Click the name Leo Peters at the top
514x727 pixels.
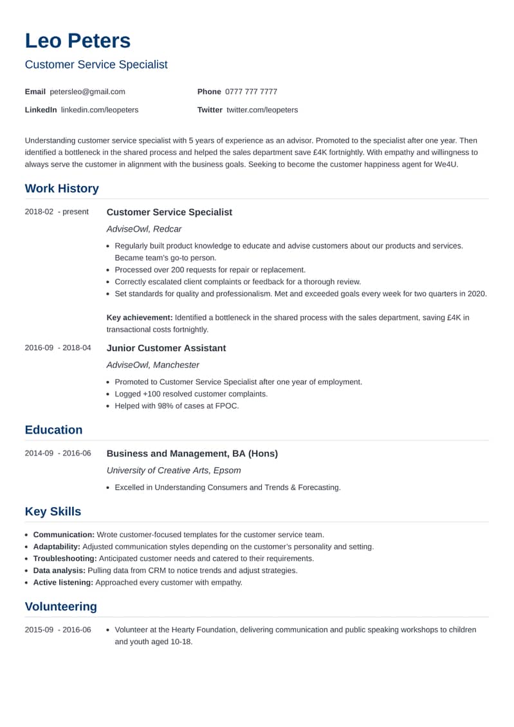point(77,41)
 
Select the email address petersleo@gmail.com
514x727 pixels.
point(87,91)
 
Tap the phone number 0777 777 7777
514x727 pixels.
point(252,91)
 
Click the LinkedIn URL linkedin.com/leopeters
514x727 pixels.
point(100,109)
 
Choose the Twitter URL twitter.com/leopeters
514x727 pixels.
point(262,109)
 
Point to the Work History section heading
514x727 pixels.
point(62,189)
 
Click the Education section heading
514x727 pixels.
point(53,430)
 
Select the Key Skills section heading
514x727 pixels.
point(53,511)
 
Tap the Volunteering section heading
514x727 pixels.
point(60,606)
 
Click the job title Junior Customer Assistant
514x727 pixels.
point(166,348)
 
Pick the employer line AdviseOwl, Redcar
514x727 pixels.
point(144,229)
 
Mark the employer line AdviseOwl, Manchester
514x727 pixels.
point(153,365)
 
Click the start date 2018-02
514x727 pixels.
point(39,212)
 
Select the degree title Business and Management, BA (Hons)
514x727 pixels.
point(192,454)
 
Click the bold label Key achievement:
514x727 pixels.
point(140,317)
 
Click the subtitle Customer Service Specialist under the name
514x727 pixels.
point(96,64)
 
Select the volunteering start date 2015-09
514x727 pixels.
point(39,630)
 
